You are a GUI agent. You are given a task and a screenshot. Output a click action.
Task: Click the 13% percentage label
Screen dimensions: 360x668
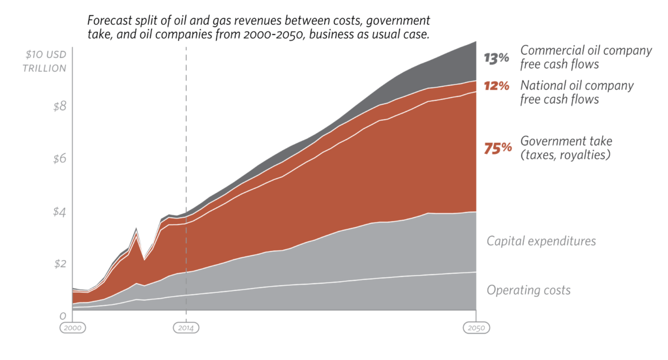tap(496, 58)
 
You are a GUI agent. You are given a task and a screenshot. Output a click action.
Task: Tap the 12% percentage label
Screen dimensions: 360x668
tap(496, 85)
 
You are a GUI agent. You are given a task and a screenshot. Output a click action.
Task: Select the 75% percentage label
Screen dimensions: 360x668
tap(498, 148)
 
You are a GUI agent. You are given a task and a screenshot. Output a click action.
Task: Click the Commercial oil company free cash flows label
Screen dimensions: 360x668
tap(585, 57)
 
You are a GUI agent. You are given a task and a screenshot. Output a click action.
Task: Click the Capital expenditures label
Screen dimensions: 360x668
tap(541, 241)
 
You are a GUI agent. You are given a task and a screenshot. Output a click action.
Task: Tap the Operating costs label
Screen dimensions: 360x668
tap(528, 290)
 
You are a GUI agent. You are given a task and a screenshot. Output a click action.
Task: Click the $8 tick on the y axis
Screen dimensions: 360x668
tap(60, 106)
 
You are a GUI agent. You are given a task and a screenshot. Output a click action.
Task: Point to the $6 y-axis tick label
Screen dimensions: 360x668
tap(60, 158)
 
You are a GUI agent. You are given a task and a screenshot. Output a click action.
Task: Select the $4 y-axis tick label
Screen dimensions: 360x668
tap(60, 212)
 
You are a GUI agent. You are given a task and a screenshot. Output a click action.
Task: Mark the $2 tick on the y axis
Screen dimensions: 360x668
tap(60, 264)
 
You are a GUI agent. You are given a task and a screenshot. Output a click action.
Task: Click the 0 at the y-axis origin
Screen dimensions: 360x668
tap(64, 316)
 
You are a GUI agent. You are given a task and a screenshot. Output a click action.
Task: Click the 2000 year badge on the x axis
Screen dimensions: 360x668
tap(73, 328)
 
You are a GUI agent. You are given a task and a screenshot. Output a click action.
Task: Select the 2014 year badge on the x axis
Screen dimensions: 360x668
tap(186, 328)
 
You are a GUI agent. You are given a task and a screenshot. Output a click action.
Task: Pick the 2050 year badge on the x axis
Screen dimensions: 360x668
tap(476, 328)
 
